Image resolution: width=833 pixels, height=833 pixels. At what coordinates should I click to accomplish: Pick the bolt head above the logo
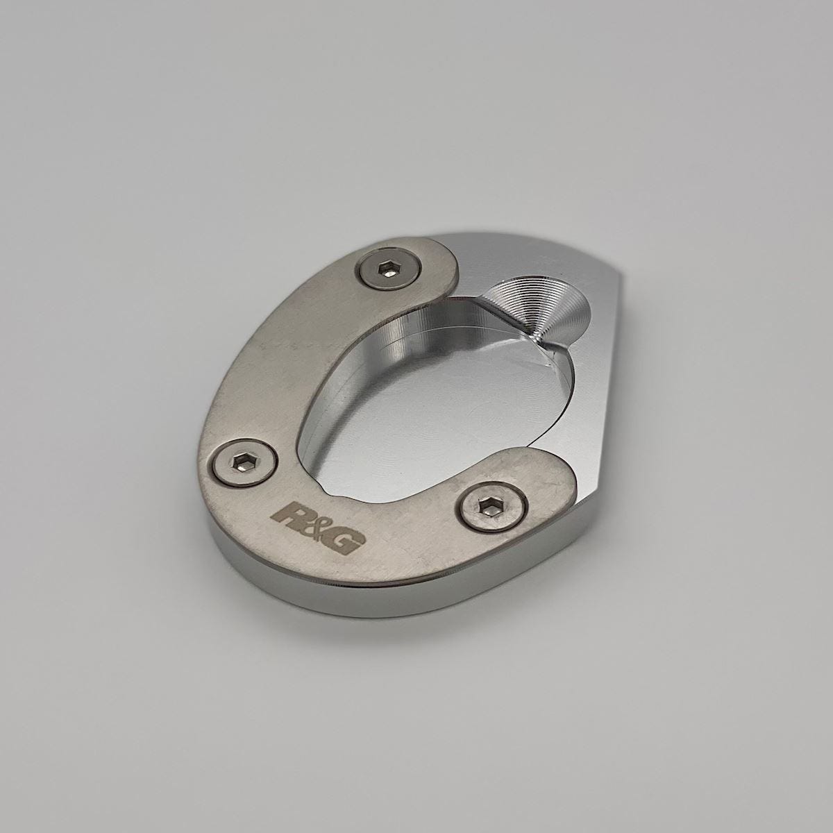pyautogui.click(x=244, y=462)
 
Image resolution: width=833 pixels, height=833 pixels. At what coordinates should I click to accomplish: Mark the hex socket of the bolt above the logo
pyautogui.click(x=244, y=463)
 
